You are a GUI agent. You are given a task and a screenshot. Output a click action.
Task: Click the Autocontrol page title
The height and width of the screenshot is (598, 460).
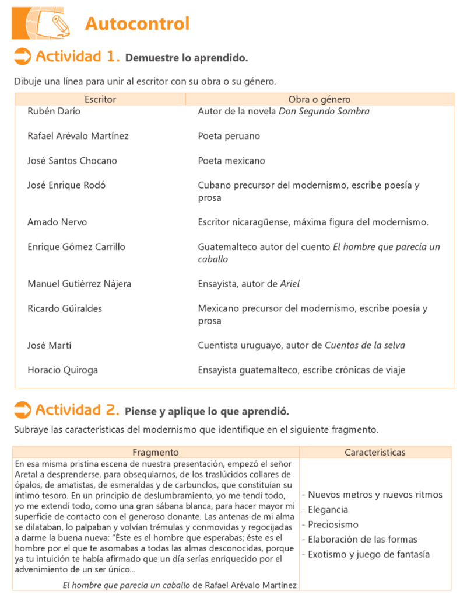pos(137,23)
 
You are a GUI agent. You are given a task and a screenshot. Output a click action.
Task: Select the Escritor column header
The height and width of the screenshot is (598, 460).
pos(100,99)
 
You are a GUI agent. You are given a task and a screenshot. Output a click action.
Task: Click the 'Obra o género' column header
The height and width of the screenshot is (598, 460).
pos(319,99)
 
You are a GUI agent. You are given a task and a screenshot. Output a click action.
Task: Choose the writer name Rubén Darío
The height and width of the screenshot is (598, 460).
pos(54,111)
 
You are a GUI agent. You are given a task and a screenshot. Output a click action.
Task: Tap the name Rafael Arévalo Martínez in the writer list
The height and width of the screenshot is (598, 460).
pos(78,136)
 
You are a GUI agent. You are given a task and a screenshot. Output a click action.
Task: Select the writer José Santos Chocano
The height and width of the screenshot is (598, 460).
pos(72,161)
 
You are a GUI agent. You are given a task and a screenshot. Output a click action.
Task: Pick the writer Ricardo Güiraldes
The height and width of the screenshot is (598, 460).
pos(65,308)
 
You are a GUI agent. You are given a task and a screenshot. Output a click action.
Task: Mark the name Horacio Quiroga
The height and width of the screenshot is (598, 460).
pos(63,370)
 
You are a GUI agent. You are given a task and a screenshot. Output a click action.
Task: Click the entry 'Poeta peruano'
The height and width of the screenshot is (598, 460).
pos(229,136)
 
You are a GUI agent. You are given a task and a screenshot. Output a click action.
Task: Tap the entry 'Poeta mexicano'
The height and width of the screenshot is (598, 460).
pos(231,161)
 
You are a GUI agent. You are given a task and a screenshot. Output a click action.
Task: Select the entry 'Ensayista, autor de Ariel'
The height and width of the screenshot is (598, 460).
pos(249,284)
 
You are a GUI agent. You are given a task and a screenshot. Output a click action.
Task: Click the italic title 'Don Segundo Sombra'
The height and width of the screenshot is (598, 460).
pos(324,111)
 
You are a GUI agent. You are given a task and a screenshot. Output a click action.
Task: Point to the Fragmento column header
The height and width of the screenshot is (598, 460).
pos(155,452)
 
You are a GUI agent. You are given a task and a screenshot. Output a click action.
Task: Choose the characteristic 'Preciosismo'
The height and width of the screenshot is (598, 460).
pos(333,524)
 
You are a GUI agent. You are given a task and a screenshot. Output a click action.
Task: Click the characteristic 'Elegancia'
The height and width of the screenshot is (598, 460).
pos(328,509)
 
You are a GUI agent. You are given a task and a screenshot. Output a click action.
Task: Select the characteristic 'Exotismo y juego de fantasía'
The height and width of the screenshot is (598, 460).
pos(368,554)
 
